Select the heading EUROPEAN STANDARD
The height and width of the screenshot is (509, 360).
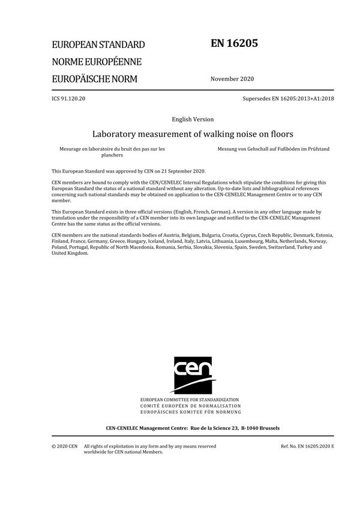(x=98, y=45)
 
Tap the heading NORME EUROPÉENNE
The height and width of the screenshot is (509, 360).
(x=97, y=62)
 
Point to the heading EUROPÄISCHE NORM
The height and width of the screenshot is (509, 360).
(x=95, y=79)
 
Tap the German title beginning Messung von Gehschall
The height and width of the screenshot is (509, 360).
(x=273, y=148)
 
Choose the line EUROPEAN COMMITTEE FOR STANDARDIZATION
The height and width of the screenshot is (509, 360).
(x=190, y=399)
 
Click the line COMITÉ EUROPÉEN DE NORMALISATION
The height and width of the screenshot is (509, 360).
(x=190, y=406)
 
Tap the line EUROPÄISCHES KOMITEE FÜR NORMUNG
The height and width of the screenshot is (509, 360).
(x=190, y=412)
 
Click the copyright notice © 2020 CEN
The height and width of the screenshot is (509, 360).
(x=64, y=446)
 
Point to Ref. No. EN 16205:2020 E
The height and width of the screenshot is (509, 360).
(x=307, y=446)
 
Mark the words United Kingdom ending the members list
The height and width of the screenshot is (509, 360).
(x=70, y=252)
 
